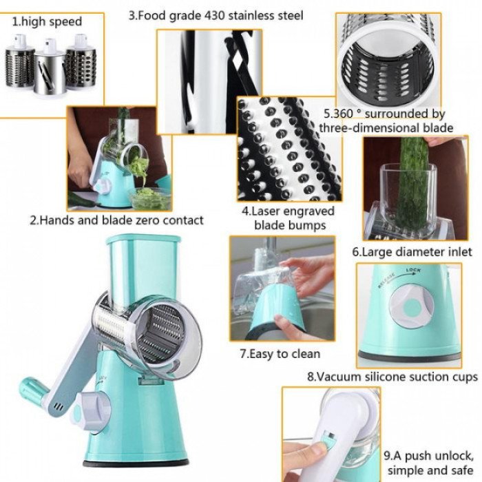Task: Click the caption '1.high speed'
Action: pyautogui.click(x=48, y=22)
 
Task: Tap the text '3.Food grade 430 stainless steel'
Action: pyautogui.click(x=216, y=14)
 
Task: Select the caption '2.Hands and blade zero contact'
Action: pyautogui.click(x=116, y=220)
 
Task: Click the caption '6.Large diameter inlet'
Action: pyautogui.click(x=412, y=252)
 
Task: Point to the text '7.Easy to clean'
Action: pyautogui.click(x=280, y=354)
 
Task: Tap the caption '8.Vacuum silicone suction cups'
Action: pyautogui.click(x=392, y=377)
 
